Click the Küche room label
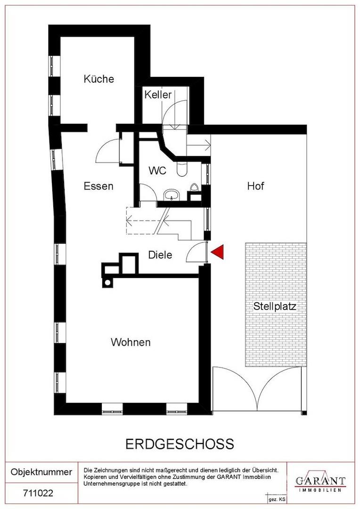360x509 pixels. click(x=99, y=79)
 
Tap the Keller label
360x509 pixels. click(x=158, y=95)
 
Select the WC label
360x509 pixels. click(x=157, y=171)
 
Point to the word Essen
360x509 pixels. click(x=98, y=186)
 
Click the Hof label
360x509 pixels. click(x=256, y=186)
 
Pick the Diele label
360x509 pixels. click(x=160, y=255)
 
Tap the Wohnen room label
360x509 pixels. click(x=131, y=342)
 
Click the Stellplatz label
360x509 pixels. click(x=275, y=306)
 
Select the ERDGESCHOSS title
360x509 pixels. click(x=180, y=443)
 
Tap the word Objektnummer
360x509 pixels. click(x=41, y=472)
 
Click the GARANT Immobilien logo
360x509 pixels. click(x=320, y=482)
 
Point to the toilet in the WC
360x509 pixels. click(x=181, y=168)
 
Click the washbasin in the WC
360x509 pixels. click(x=170, y=195)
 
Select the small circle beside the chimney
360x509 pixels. click(x=108, y=283)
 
